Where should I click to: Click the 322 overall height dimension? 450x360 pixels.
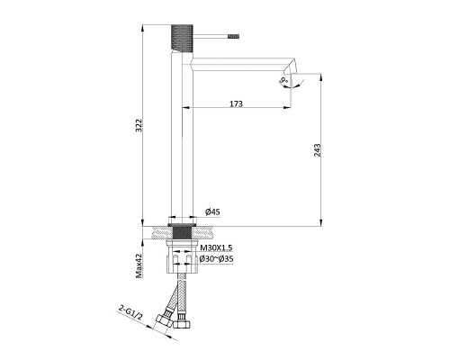(139, 125)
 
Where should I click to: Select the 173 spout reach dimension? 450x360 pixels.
(236, 103)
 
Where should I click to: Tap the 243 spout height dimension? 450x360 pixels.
(318, 150)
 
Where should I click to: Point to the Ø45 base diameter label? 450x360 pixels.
(212, 211)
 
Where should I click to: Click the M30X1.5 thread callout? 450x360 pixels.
(216, 247)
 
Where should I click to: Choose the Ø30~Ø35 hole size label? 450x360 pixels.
(216, 258)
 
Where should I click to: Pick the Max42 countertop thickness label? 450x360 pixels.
(139, 265)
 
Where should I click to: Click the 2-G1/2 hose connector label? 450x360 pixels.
(130, 312)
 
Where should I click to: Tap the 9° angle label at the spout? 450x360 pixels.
(283, 81)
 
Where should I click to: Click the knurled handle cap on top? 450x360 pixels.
(182, 38)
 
